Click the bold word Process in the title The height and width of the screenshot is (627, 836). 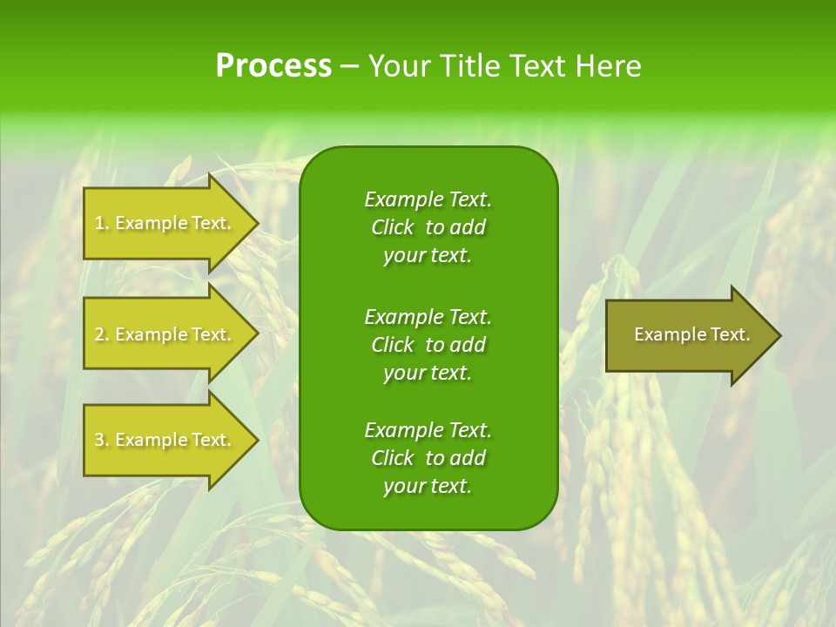tap(273, 66)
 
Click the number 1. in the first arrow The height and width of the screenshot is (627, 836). tap(102, 223)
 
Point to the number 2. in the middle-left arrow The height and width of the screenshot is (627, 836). tap(102, 334)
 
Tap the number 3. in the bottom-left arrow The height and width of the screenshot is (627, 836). tap(102, 440)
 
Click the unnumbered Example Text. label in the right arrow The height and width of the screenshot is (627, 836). tap(691, 334)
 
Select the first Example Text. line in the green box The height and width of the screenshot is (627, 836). tap(428, 199)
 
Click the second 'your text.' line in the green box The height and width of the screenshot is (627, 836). tap(428, 373)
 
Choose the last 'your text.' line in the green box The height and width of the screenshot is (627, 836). tap(428, 487)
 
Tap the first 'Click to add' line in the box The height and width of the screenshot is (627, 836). tap(428, 227)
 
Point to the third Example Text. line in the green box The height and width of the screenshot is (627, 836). tap(428, 430)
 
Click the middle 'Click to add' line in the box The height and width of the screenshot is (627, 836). tap(428, 345)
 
